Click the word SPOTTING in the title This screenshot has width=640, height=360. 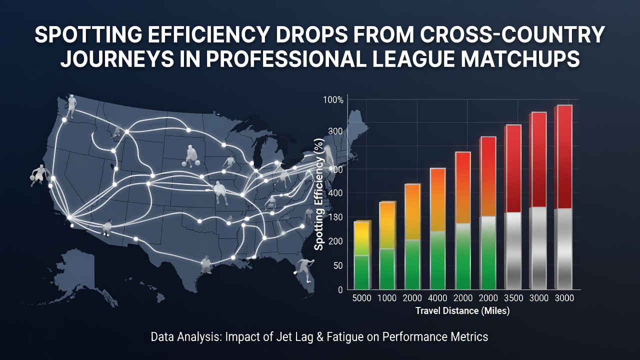88,35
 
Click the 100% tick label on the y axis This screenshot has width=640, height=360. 333,100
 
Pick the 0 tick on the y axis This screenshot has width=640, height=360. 340,290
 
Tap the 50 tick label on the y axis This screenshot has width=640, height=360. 337,265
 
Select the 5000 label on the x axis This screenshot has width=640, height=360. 361,298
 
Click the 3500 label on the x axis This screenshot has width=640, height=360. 513,298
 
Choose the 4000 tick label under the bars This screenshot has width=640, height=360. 437,298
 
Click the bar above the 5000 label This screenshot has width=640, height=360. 362,255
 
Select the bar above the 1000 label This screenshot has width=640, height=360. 387,245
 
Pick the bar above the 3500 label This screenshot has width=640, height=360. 513,207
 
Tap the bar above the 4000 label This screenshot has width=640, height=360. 437,229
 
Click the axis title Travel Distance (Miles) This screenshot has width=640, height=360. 462,310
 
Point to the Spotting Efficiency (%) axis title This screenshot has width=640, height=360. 319,194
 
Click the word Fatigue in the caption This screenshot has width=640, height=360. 345,337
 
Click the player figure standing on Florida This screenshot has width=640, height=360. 304,270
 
